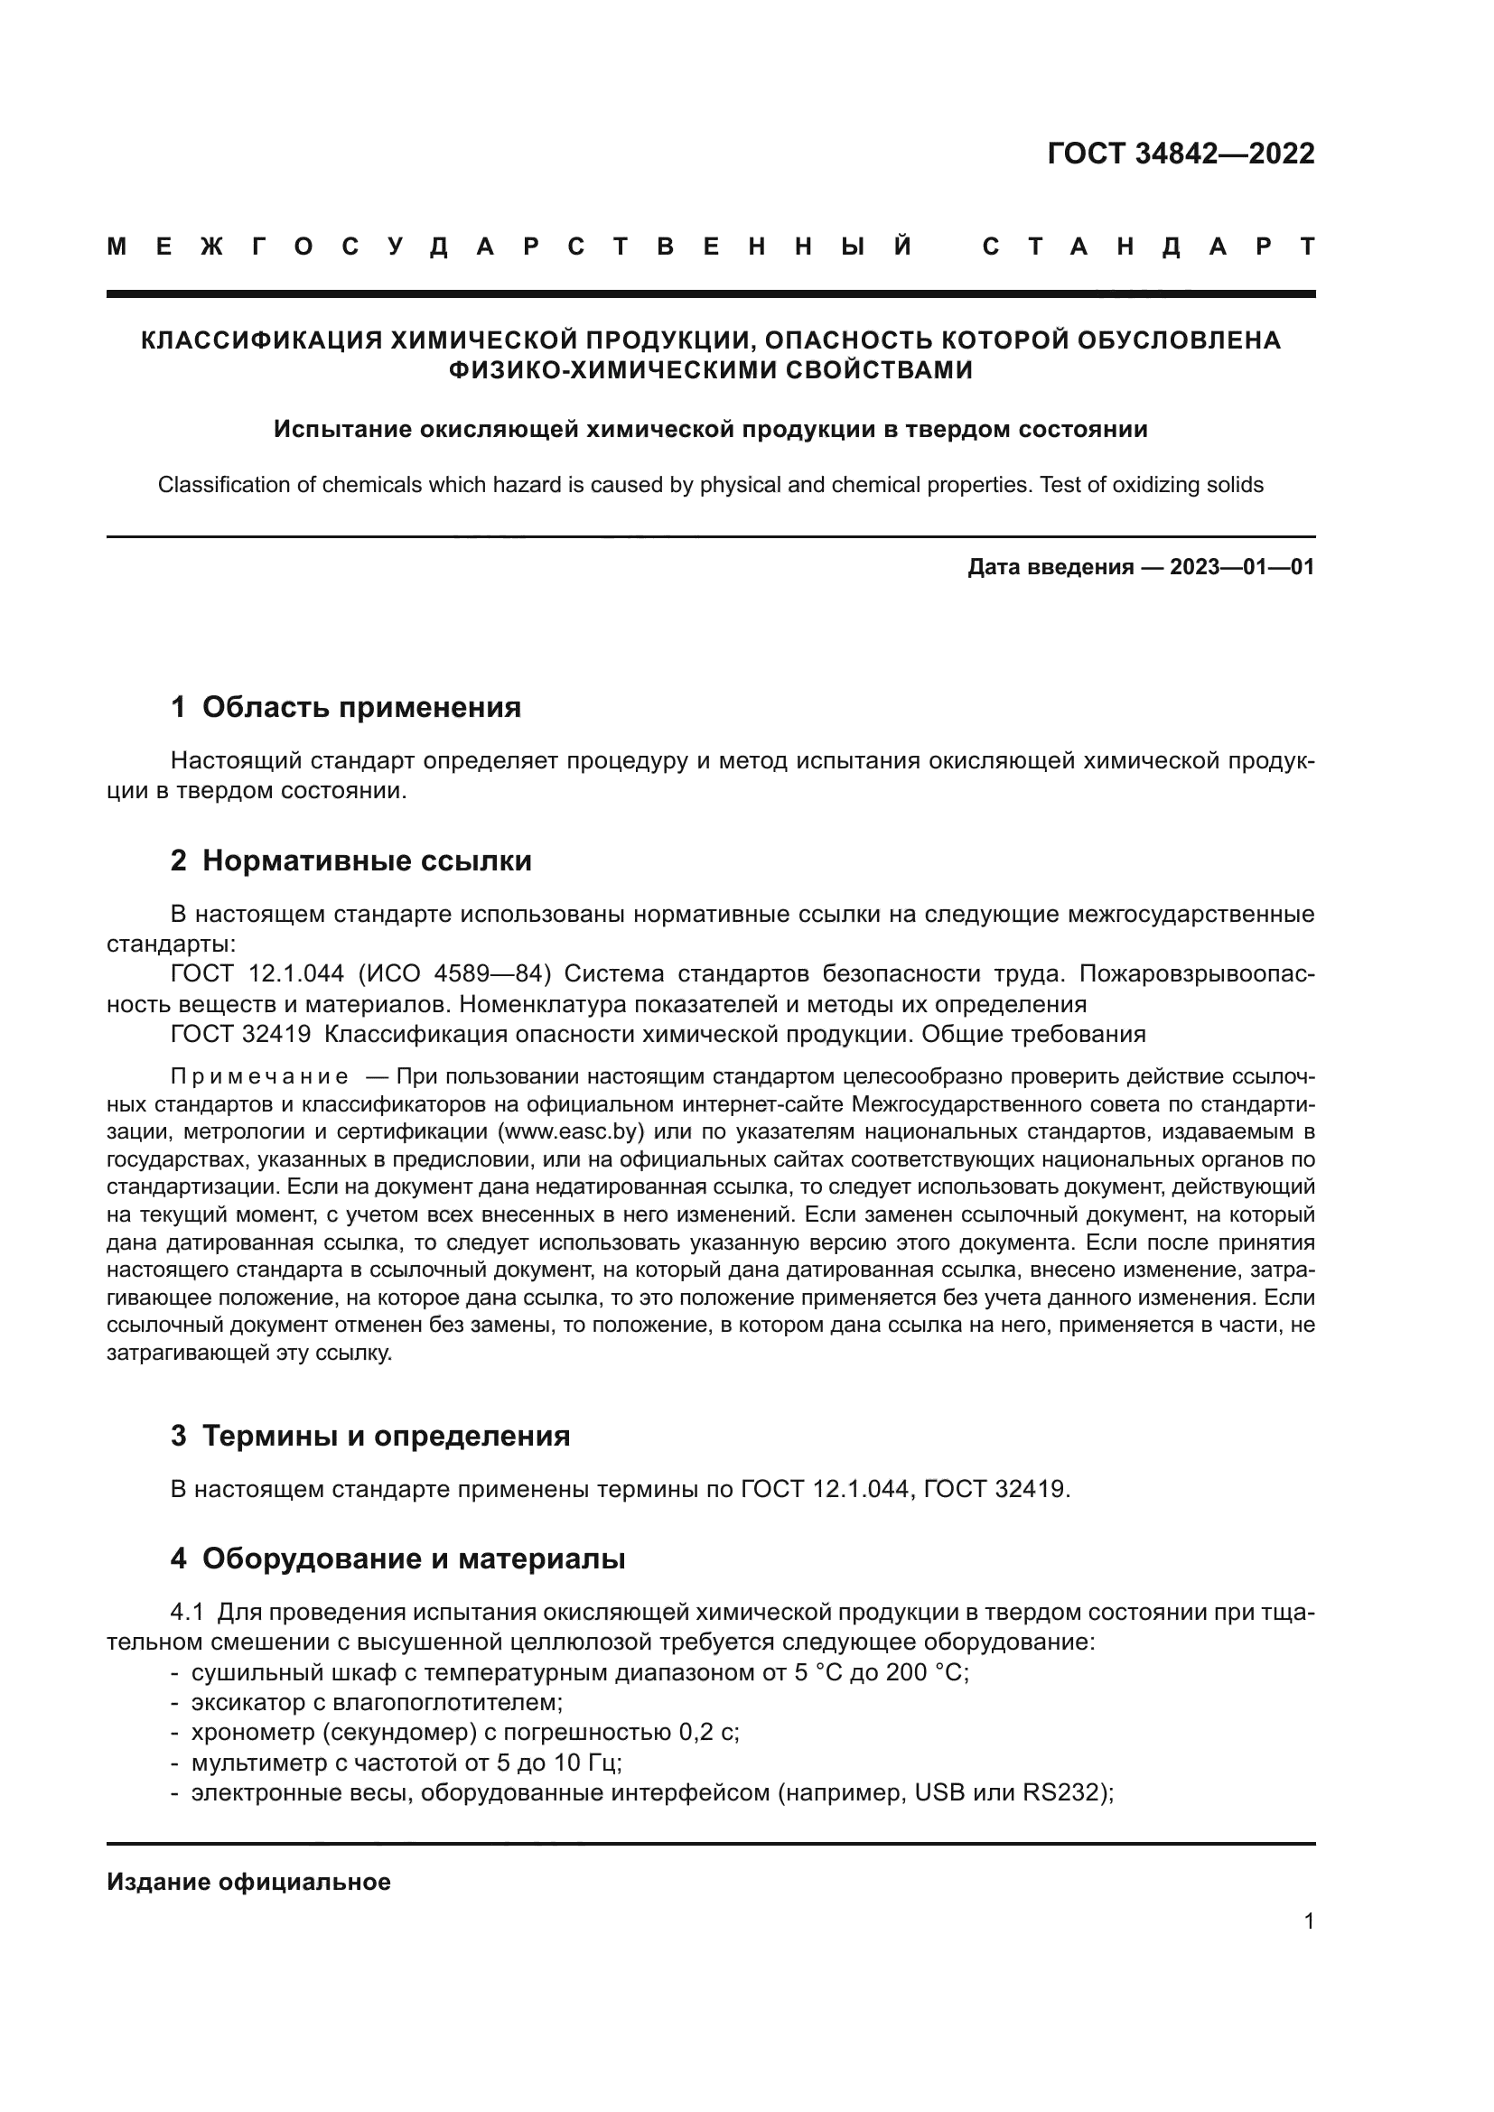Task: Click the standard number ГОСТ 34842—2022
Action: click(1181, 153)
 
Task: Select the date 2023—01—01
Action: click(1242, 567)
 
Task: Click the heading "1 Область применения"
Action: click(346, 706)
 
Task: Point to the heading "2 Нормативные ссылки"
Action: click(351, 861)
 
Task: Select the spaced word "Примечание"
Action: click(259, 1076)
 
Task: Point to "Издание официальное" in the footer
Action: click(248, 1882)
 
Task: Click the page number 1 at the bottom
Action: click(1308, 1921)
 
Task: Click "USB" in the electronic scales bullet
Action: click(938, 1793)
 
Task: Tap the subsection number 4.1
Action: click(187, 1613)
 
